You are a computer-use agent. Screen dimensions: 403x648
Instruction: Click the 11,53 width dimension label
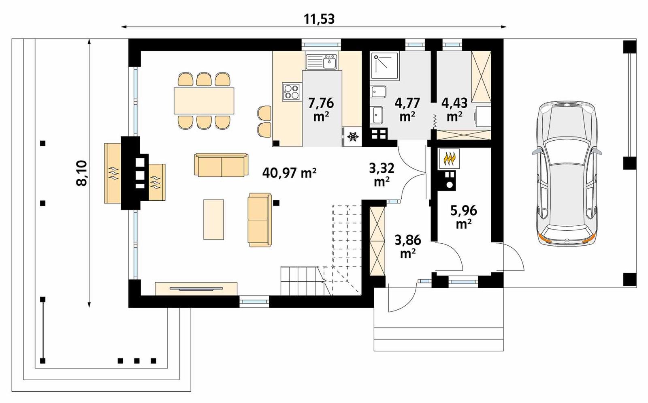tap(319, 19)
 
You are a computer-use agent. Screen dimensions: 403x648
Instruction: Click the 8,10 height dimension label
tap(82, 173)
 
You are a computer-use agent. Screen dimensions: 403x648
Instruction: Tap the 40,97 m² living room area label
tap(289, 173)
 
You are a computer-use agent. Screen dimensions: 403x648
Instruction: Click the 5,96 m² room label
tap(464, 217)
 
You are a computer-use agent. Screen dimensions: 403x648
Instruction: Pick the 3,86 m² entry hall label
tap(407, 246)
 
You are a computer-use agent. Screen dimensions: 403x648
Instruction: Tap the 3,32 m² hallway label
tap(382, 175)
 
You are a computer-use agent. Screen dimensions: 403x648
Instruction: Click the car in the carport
tap(567, 174)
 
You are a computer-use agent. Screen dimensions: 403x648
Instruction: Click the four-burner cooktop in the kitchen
tap(292, 92)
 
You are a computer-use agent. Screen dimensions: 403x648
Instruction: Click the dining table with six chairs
tap(204, 101)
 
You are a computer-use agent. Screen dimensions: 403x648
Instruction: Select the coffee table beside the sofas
tap(213, 219)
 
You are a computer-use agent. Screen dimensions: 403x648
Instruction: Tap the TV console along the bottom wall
tap(196, 289)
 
